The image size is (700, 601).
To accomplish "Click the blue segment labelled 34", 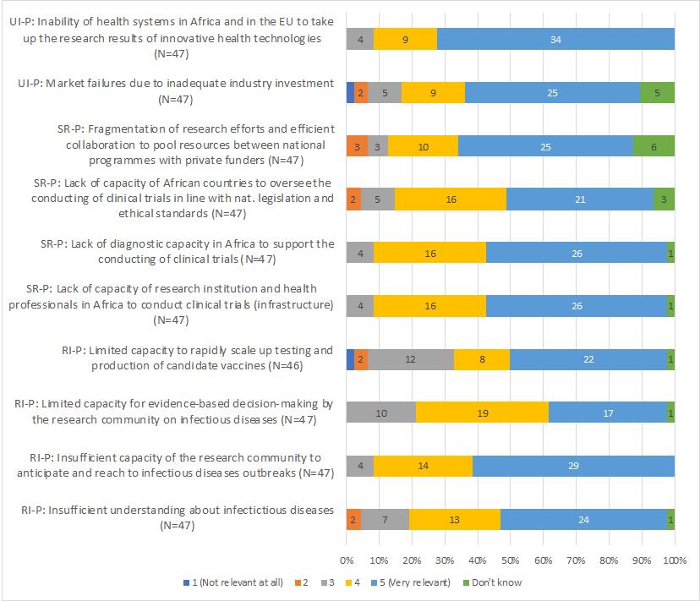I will coord(555,39).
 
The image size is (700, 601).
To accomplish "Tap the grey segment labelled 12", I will coord(410,359).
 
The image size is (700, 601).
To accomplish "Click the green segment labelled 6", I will coord(654,145).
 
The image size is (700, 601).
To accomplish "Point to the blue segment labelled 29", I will coord(573,466).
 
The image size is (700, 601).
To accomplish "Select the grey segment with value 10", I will coord(381,413).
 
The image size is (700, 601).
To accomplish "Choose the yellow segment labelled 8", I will coord(482,359).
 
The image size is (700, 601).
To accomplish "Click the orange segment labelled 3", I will coord(357,145).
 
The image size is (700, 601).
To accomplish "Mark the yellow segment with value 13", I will coord(455,519).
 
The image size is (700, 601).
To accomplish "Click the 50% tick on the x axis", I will coord(511,560).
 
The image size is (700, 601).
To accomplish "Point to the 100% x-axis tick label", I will coord(674,560).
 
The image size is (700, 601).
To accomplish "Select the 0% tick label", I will coord(347,560).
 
